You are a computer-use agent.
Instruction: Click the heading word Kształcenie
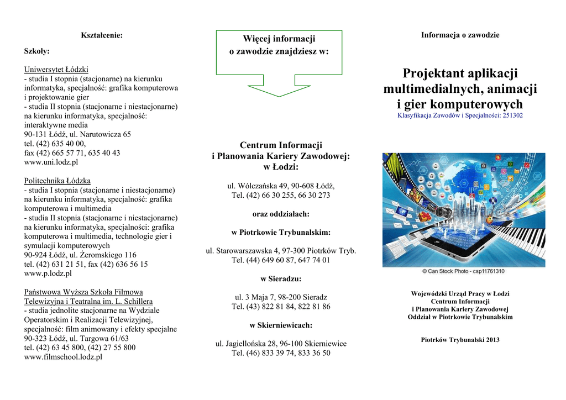pyautogui.click(x=101, y=35)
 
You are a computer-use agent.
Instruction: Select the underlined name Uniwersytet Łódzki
pyautogui.click(x=56, y=70)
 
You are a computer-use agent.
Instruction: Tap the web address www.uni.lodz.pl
pyautogui.click(x=51, y=162)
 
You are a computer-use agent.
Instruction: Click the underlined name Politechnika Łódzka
pyautogui.click(x=57, y=181)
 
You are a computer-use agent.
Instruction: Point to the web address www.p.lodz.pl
pyautogui.click(x=48, y=273)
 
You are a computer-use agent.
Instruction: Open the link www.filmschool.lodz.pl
pyautogui.click(x=63, y=357)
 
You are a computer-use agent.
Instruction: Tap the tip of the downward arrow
pyautogui.click(x=279, y=96)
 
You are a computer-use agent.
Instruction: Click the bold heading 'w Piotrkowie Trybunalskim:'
pyautogui.click(x=281, y=232)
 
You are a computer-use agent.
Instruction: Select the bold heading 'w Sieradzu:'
pyautogui.click(x=281, y=278)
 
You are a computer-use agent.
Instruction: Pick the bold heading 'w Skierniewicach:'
pyautogui.click(x=281, y=325)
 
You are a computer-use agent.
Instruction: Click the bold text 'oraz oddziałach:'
pyautogui.click(x=281, y=214)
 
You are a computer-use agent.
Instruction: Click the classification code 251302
pyautogui.click(x=512, y=115)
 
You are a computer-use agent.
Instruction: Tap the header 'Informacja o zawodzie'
pyautogui.click(x=460, y=35)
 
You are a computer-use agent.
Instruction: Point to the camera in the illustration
pyautogui.click(x=442, y=212)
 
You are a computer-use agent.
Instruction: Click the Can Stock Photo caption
pyautogui.click(x=463, y=271)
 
